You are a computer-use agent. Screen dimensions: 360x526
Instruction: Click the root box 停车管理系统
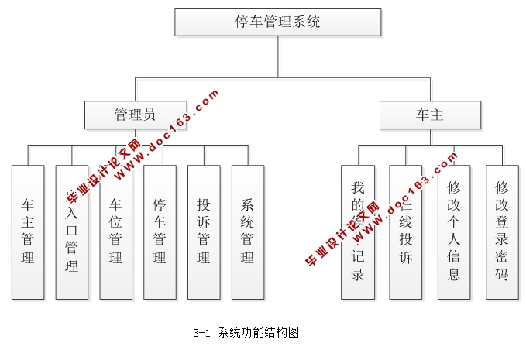[277, 22]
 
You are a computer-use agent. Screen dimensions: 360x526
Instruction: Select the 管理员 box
[136, 115]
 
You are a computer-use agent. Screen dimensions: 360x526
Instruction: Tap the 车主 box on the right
[430, 115]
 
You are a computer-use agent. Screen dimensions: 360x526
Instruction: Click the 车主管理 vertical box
[28, 231]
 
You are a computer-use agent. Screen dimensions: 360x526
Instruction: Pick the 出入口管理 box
[72, 231]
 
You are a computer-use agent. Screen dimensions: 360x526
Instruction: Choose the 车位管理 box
[115, 231]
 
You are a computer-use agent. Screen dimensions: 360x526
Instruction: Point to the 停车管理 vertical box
[160, 231]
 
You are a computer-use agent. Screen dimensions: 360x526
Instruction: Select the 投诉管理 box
[204, 231]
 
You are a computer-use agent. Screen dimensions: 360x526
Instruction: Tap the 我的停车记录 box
[357, 231]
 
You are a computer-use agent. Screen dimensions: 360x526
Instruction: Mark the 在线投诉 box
[406, 231]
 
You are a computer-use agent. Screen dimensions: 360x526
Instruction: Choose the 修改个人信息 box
[454, 231]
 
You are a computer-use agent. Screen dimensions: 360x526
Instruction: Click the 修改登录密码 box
[502, 231]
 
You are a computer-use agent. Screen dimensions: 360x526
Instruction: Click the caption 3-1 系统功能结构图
[246, 333]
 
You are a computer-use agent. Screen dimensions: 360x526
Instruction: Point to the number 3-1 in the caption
[201, 334]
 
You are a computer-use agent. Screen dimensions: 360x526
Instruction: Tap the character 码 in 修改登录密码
[502, 274]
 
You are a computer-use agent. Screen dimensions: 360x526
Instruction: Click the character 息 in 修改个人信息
[454, 274]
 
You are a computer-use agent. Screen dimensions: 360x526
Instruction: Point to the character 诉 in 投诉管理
[204, 222]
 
